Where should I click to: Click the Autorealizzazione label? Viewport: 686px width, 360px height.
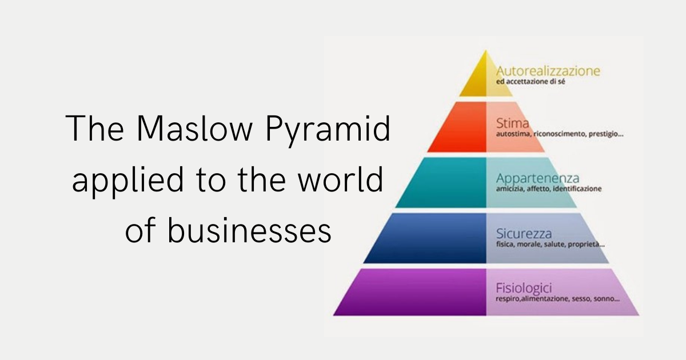point(548,71)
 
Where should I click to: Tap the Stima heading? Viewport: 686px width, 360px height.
point(513,123)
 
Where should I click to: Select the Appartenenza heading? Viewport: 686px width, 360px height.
point(537,178)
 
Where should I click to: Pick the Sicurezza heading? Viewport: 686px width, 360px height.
point(524,233)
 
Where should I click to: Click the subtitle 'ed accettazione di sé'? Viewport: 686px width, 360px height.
point(534,82)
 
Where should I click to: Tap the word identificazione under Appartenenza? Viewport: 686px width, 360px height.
point(577,189)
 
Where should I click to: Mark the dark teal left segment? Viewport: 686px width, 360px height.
point(445,183)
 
